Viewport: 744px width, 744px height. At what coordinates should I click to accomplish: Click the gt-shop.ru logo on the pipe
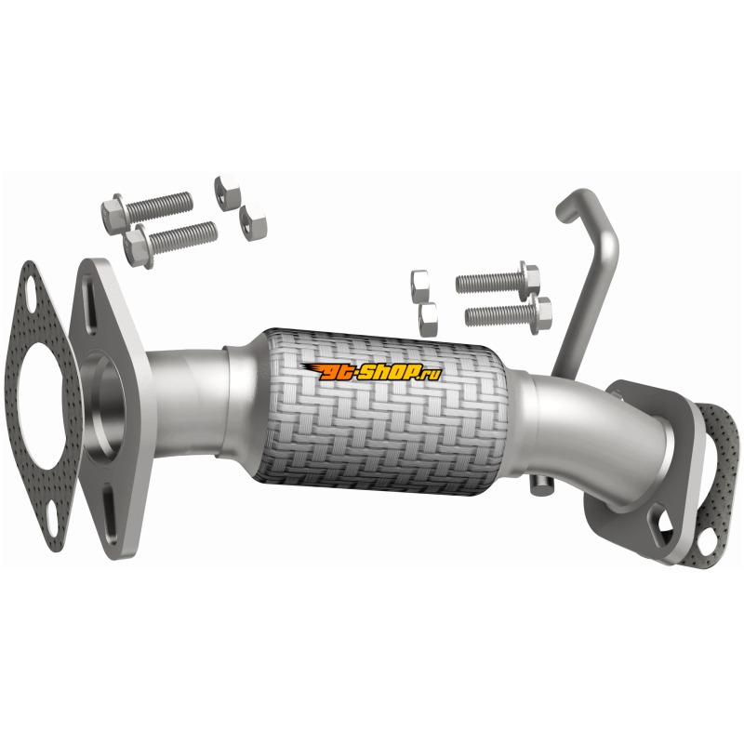371,371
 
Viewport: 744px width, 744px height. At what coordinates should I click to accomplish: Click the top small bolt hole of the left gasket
30,290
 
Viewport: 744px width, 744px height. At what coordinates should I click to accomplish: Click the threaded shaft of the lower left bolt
183,237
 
